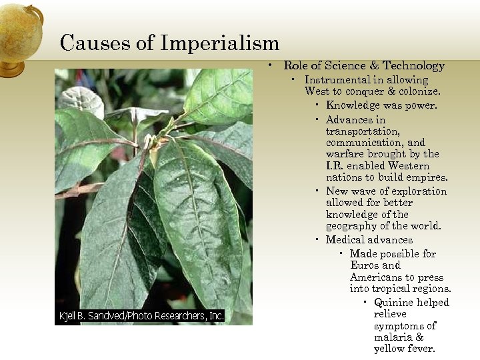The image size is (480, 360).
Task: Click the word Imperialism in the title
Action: pos(219,43)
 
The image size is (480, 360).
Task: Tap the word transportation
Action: pos(363,131)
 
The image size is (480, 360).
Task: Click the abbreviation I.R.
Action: pos(337,166)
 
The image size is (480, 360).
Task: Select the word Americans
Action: pos(377,277)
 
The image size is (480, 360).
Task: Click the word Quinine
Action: pos(394,303)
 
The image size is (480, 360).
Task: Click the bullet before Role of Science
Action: pos(271,65)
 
